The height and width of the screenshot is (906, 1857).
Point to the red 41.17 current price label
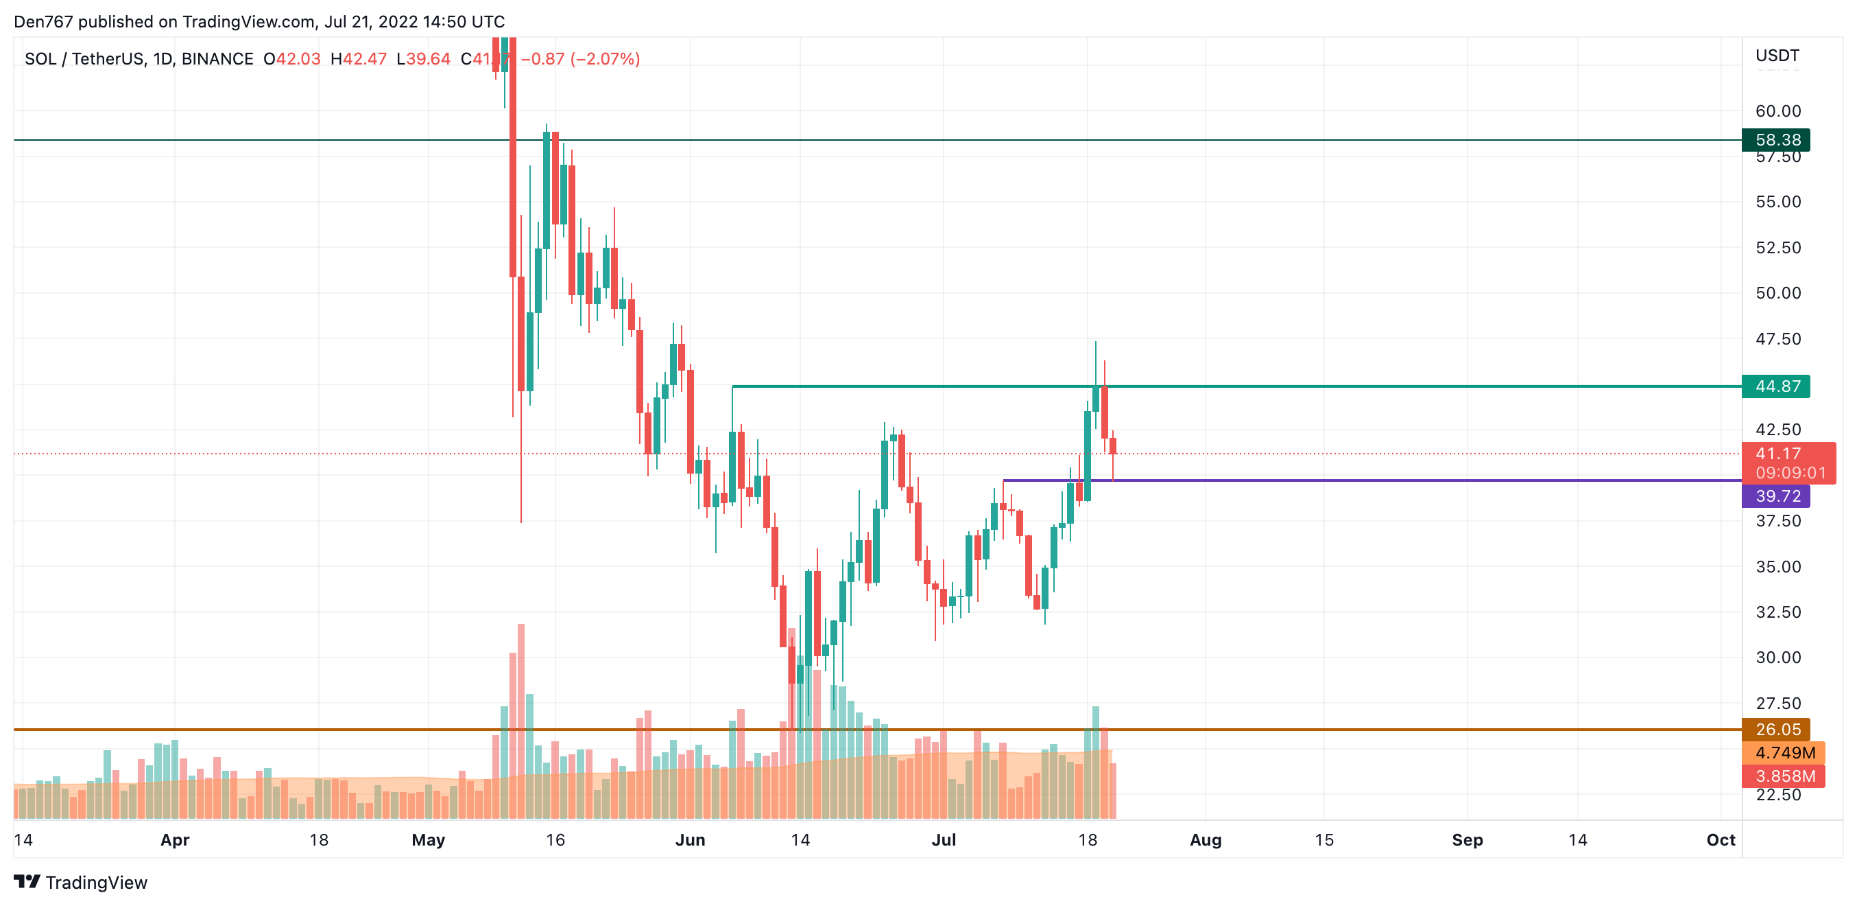point(1777,454)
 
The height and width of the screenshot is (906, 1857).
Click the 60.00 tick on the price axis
point(1777,111)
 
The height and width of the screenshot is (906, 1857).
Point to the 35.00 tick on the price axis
point(1777,566)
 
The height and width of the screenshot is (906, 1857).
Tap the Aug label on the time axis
point(1206,839)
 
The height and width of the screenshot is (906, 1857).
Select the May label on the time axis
point(428,839)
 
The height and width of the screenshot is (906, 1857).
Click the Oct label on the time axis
point(1720,839)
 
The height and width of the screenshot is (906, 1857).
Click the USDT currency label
point(1777,56)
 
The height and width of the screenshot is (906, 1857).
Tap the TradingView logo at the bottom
point(81,882)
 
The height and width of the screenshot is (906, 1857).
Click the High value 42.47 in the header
point(363,59)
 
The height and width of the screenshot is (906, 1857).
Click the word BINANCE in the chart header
point(217,59)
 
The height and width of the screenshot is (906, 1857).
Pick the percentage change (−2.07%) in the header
point(605,59)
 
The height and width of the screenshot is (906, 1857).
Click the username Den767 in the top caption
point(43,22)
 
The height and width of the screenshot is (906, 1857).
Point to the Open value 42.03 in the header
point(298,59)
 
